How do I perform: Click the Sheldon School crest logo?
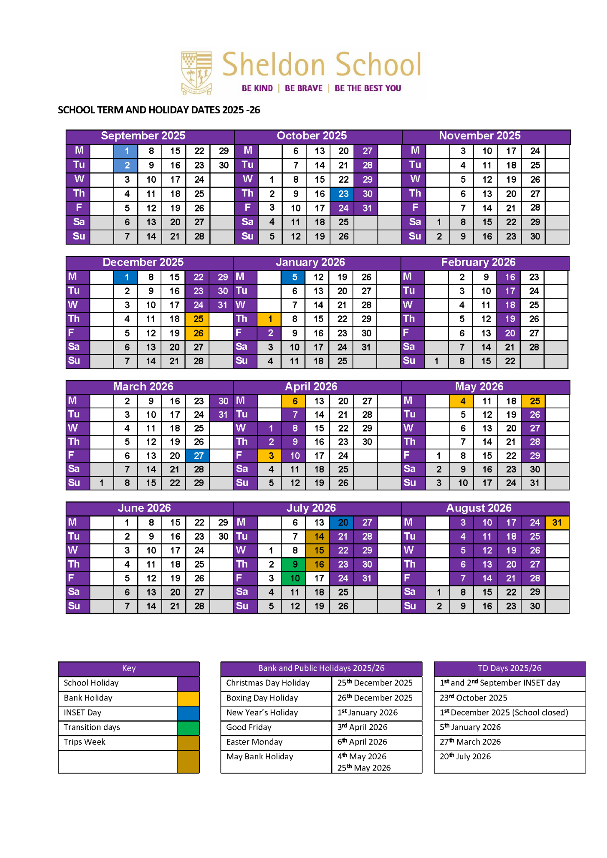pyautogui.click(x=196, y=73)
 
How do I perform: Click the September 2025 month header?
pyautogui.click(x=143, y=136)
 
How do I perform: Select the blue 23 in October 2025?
pyautogui.click(x=343, y=194)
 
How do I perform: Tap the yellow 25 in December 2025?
pyautogui.click(x=198, y=319)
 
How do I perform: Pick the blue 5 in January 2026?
pyautogui.click(x=294, y=277)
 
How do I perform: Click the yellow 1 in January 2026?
pyautogui.click(x=270, y=319)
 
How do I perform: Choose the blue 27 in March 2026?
pyautogui.click(x=198, y=456)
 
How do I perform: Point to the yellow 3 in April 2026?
pyautogui.click(x=271, y=456)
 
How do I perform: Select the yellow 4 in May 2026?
pyautogui.click(x=462, y=401)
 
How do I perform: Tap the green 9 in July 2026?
pyautogui.click(x=295, y=565)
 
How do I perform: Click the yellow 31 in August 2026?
pyautogui.click(x=556, y=523)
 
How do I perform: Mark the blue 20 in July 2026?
pyautogui.click(x=343, y=523)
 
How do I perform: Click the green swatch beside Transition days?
pyautogui.click(x=188, y=728)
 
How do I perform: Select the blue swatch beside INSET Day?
pyautogui.click(x=188, y=713)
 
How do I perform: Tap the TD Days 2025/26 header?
pyautogui.click(x=509, y=668)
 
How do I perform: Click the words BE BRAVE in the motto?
pyautogui.click(x=303, y=88)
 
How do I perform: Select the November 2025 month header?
pyautogui.click(x=479, y=136)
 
